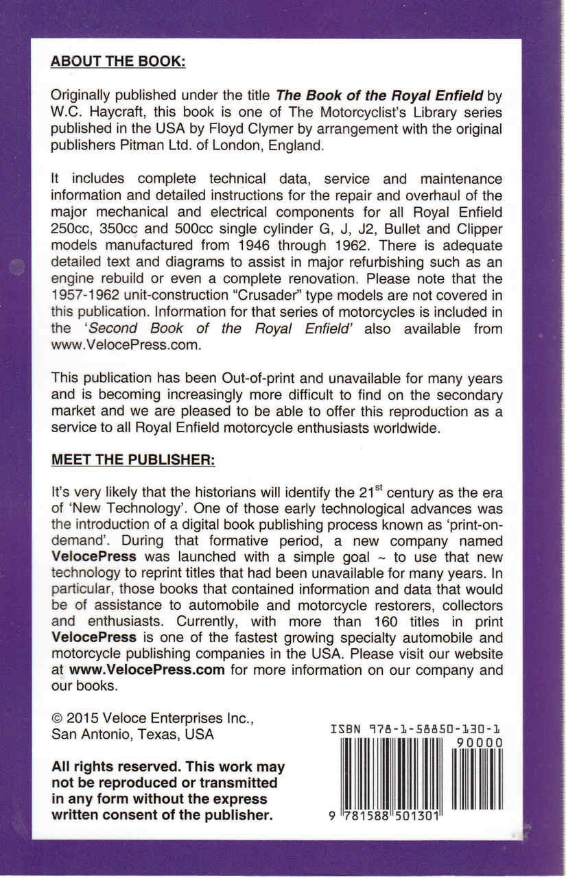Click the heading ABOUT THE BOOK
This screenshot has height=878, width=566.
119,60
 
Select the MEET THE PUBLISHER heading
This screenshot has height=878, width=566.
134,459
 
